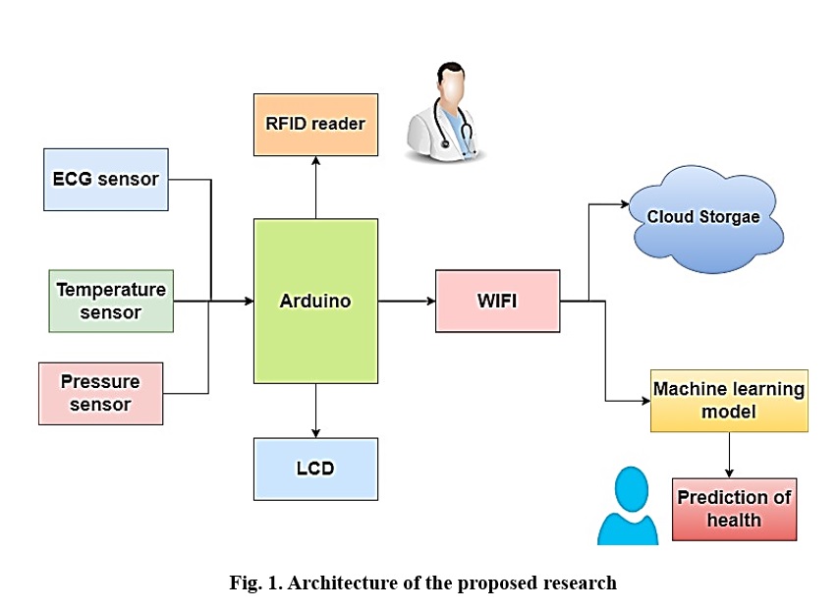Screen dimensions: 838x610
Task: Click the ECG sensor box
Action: tap(106, 180)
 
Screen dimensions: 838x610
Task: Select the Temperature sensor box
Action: tap(111, 302)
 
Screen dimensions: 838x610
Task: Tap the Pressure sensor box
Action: tap(100, 394)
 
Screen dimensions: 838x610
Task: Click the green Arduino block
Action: tap(316, 302)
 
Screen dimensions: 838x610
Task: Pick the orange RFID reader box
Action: tap(316, 125)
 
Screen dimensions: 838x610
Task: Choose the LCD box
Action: tap(316, 469)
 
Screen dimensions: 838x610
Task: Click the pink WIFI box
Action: tap(497, 302)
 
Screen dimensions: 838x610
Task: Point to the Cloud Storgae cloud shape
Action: tap(705, 219)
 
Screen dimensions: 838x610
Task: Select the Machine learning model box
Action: tap(729, 401)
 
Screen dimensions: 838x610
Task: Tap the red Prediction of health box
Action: tap(734, 510)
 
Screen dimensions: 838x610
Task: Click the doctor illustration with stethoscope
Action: tap(447, 112)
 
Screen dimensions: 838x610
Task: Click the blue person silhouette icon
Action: tap(629, 507)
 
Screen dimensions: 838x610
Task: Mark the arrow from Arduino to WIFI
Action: tap(407, 302)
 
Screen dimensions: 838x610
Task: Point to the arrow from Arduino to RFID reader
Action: tap(316, 188)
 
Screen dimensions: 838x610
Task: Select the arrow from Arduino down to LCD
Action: tap(316, 411)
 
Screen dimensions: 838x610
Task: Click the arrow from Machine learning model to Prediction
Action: tap(729, 455)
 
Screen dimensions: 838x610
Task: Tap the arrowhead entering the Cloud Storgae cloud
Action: tap(625, 204)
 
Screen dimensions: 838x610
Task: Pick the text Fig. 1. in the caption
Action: tap(256, 582)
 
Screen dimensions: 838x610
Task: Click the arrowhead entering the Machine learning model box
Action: tap(645, 401)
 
